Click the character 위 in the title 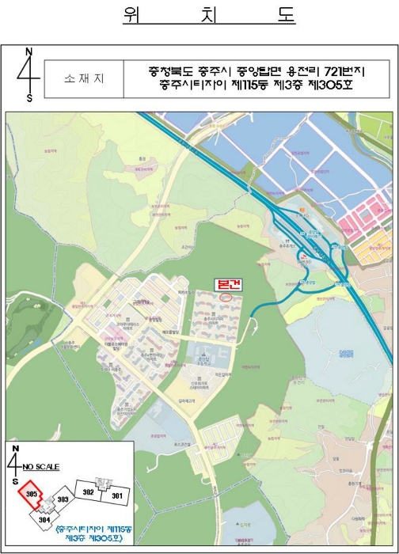(132, 16)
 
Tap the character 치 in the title (210, 16)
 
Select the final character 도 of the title (285, 16)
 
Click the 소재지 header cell (84, 79)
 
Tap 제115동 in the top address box (241, 85)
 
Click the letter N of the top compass (29, 52)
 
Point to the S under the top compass (29, 98)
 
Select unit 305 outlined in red (32, 495)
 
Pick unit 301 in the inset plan (116, 495)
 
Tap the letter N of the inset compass (16, 449)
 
